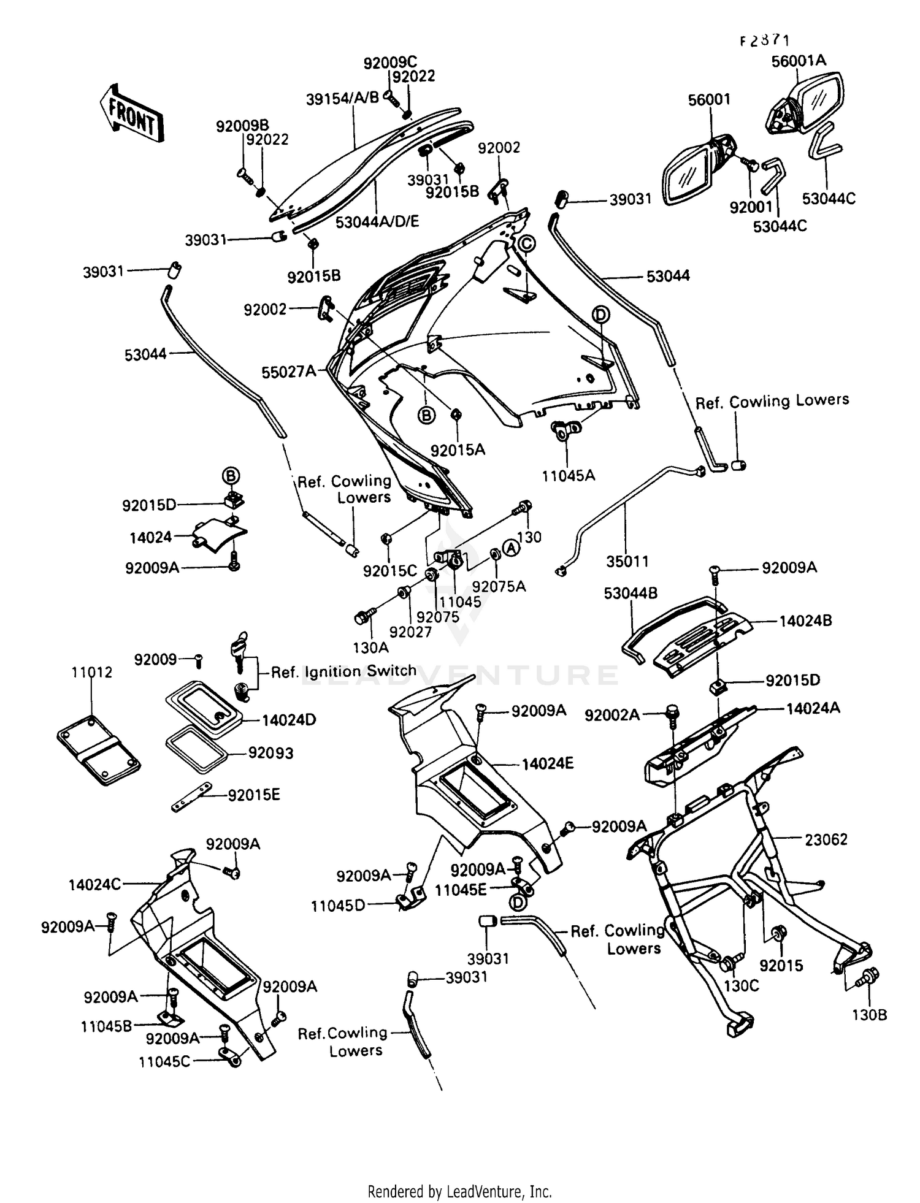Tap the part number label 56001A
coord(799,61)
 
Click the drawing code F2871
coord(764,40)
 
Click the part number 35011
coord(627,561)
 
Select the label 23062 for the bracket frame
coord(826,839)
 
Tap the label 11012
coord(92,672)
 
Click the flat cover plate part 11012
coord(98,749)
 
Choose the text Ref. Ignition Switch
coord(343,671)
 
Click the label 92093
coord(270,752)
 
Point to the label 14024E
coord(547,763)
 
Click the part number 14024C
coord(94,884)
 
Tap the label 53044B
coord(631,593)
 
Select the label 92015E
coord(254,795)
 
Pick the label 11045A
coord(568,475)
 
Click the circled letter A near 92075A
coord(511,548)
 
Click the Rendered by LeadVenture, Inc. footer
coord(459,1191)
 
